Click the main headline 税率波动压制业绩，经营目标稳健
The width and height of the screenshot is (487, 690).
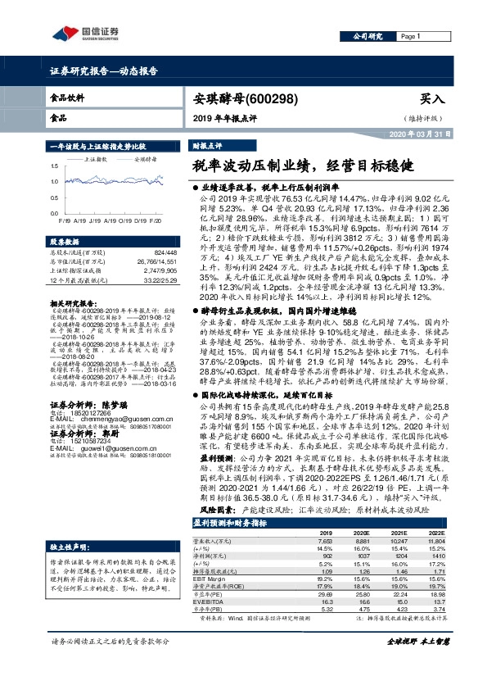click(300, 165)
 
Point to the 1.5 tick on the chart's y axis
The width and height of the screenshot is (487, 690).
click(54, 168)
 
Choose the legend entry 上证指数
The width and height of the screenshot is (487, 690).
click(96, 160)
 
